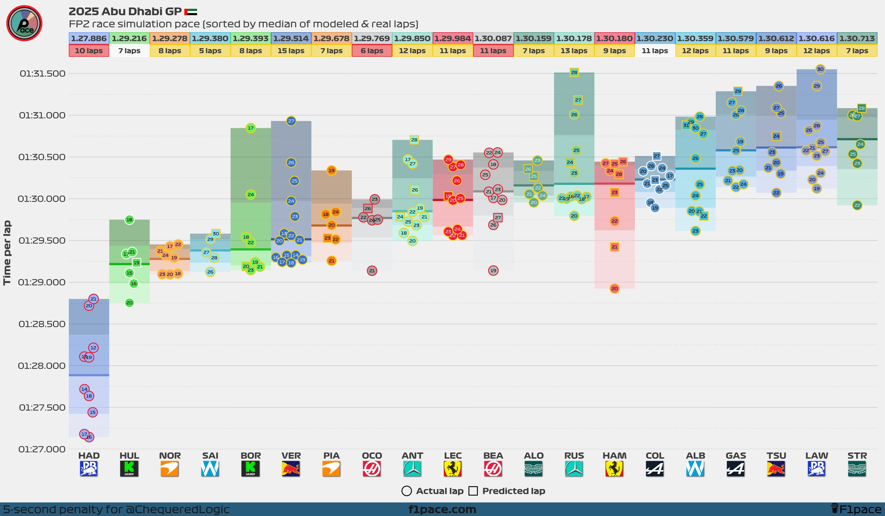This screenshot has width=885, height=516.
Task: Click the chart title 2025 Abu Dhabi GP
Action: click(125, 12)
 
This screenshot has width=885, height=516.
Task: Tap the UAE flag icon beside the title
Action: click(191, 12)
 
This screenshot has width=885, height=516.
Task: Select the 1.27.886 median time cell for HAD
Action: click(89, 38)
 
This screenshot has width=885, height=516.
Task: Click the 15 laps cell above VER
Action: click(291, 51)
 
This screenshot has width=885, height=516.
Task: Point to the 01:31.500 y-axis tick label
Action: click(42, 73)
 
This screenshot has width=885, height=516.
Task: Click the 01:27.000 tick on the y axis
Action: click(42, 449)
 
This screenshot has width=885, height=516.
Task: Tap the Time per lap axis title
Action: click(7, 253)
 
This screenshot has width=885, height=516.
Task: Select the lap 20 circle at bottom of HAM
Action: click(614, 288)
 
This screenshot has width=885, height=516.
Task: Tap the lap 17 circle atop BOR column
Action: click(250, 128)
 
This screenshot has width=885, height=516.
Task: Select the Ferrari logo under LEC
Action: click(453, 469)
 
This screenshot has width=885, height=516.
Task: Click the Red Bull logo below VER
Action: click(291, 469)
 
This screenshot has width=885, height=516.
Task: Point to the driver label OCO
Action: click(372, 456)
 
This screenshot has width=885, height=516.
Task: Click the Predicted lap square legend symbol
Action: click(473, 491)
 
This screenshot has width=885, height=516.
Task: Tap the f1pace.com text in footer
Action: click(442, 509)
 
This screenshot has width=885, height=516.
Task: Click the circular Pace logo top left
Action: click(24, 23)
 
